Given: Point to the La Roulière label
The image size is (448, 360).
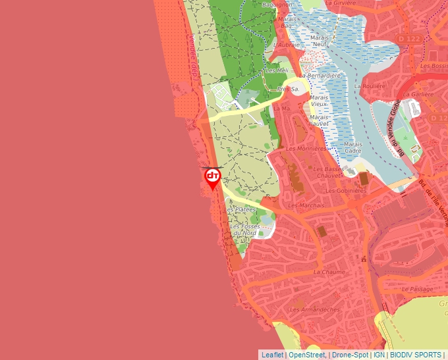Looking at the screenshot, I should tap(370, 86).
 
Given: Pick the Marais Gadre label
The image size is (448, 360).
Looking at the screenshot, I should tap(352, 147).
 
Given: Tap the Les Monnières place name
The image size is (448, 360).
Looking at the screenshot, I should tap(306, 149).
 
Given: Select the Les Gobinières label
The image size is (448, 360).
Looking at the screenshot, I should tap(346, 191).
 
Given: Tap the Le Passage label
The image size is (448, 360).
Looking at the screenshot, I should tap(418, 289).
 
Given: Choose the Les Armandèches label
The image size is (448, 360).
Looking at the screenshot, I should tap(315, 309).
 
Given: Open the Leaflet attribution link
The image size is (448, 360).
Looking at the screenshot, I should tap(273, 355).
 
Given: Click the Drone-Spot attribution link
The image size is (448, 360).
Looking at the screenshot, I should tap(350, 355).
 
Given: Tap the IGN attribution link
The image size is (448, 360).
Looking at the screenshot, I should tap(379, 355).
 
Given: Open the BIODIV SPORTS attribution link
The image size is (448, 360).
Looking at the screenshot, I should tap(415, 355).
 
